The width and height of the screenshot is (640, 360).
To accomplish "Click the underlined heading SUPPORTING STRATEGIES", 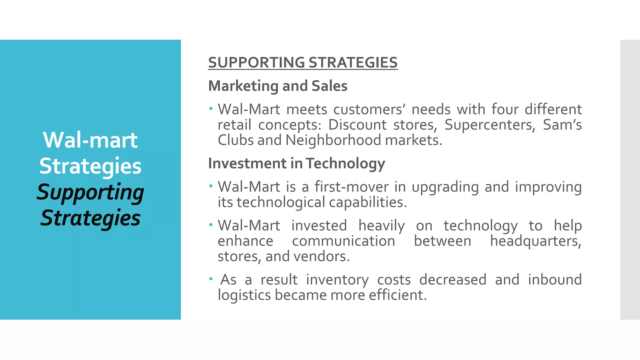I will click(x=303, y=62).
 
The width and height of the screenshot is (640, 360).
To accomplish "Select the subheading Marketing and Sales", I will click(x=277, y=86).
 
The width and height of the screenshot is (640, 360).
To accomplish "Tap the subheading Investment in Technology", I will click(x=297, y=163).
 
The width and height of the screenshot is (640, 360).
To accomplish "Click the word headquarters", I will click(x=536, y=241).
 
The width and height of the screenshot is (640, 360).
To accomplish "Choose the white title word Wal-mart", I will click(x=90, y=140).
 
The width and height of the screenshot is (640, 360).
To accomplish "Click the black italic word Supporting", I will click(x=90, y=192).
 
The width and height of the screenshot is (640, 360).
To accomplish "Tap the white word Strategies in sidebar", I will click(x=90, y=166).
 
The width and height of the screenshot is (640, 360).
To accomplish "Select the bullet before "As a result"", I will click(x=211, y=278).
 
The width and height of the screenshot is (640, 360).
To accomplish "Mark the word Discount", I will click(x=357, y=125).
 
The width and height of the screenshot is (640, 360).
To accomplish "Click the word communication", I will click(x=343, y=241).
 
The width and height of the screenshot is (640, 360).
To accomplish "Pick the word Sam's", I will click(x=562, y=125).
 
